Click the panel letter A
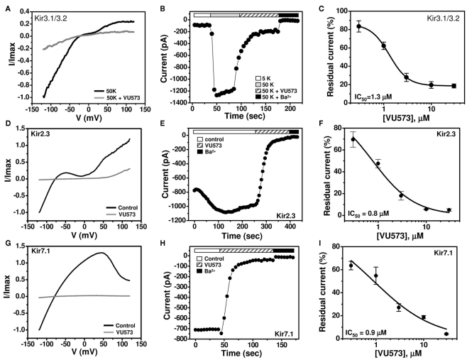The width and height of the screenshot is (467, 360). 6,8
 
